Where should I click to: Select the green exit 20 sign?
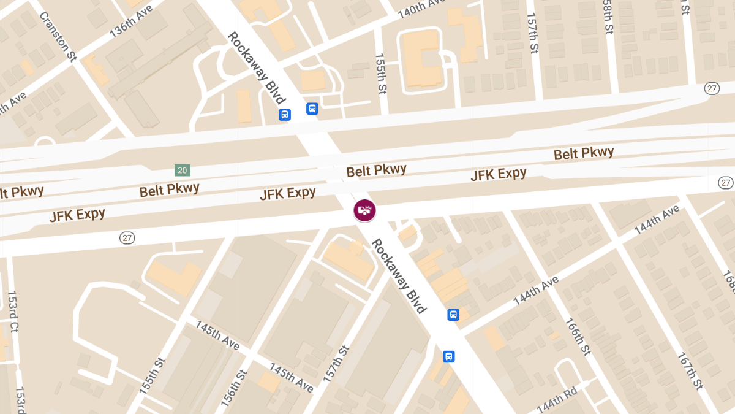point(182,170)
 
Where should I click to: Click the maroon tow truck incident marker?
point(364,210)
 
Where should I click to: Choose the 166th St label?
point(579,336)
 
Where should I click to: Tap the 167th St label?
point(690,370)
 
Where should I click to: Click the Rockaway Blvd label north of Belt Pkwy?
point(257,71)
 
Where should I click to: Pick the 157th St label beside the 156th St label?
point(336,365)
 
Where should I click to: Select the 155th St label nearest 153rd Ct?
point(151,377)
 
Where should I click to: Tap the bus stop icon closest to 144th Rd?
point(449,356)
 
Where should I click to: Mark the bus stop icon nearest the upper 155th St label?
point(312,109)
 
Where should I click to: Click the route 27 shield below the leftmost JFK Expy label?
point(127,238)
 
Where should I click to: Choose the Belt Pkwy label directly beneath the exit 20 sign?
point(169,190)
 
